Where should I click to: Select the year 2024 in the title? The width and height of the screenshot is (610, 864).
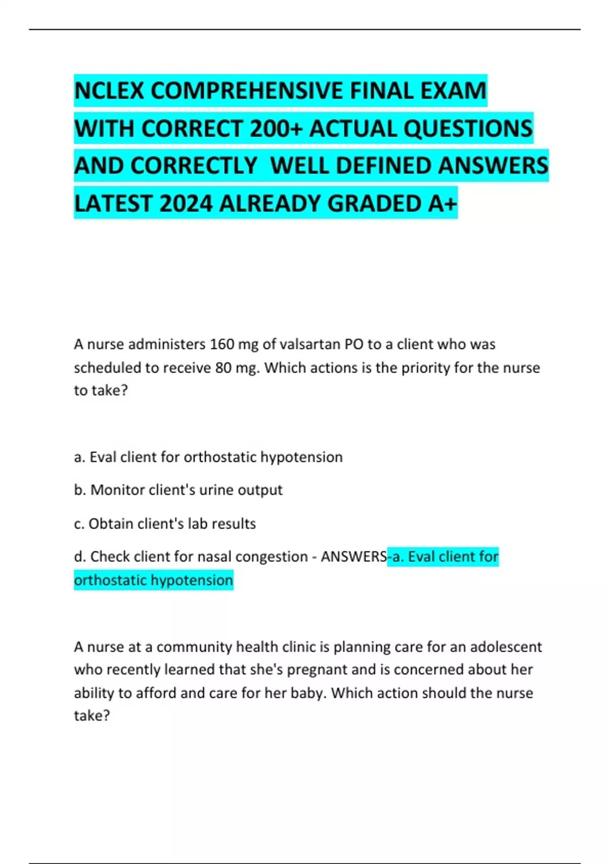pos(186,204)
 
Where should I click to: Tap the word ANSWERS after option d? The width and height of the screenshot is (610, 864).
pos(354,557)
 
